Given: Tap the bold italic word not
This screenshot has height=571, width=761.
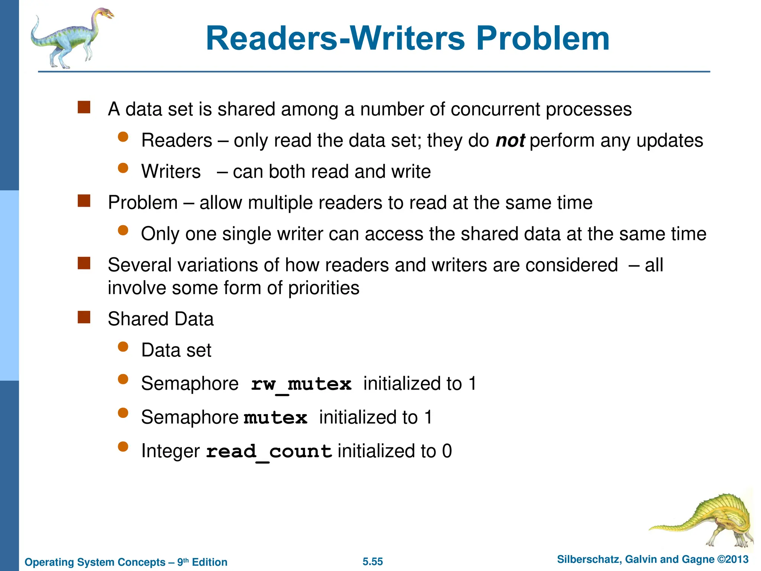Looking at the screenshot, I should click(x=510, y=141).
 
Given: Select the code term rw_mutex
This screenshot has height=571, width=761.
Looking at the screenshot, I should click(x=301, y=384).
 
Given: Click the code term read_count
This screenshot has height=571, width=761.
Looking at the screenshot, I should click(x=269, y=452).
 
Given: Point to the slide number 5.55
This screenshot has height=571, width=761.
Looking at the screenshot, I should click(x=373, y=561).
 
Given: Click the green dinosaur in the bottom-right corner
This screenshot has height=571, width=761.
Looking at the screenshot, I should click(x=706, y=520).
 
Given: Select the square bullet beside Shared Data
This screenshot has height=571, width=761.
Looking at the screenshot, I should click(x=84, y=317).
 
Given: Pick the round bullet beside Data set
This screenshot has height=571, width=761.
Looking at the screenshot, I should click(x=123, y=347).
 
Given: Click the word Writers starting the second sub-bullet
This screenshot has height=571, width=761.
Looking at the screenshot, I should click(x=171, y=172).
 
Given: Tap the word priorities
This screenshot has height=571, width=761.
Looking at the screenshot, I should click(x=324, y=288).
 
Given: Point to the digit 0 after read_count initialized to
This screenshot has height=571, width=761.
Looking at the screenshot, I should click(x=447, y=451).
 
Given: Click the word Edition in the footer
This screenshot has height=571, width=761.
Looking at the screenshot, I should click(x=210, y=562).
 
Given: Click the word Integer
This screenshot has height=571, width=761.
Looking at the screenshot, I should click(x=171, y=452).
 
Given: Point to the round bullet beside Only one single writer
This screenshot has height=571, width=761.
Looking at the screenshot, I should click(x=123, y=231).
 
